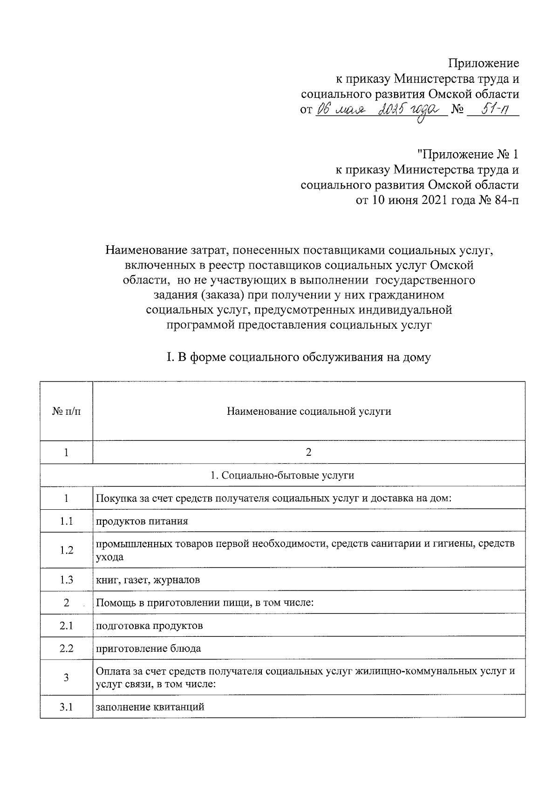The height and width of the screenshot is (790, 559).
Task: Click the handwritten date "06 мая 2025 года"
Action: point(379,111)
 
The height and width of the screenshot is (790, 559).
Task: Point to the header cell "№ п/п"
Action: point(67,412)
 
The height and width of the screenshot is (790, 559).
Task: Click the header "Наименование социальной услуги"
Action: point(308,412)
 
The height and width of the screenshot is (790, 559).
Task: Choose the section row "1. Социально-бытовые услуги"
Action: point(282,475)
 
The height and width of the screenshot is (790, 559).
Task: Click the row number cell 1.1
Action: point(67,521)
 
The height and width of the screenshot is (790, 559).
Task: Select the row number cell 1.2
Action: point(67,550)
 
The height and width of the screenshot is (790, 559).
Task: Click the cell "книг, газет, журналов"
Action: point(148,580)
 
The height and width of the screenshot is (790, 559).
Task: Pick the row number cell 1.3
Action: point(67,580)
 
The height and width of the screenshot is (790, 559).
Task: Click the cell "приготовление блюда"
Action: point(148,648)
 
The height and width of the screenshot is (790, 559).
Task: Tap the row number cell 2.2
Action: point(67,648)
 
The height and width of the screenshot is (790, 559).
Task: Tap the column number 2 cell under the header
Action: point(308,452)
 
